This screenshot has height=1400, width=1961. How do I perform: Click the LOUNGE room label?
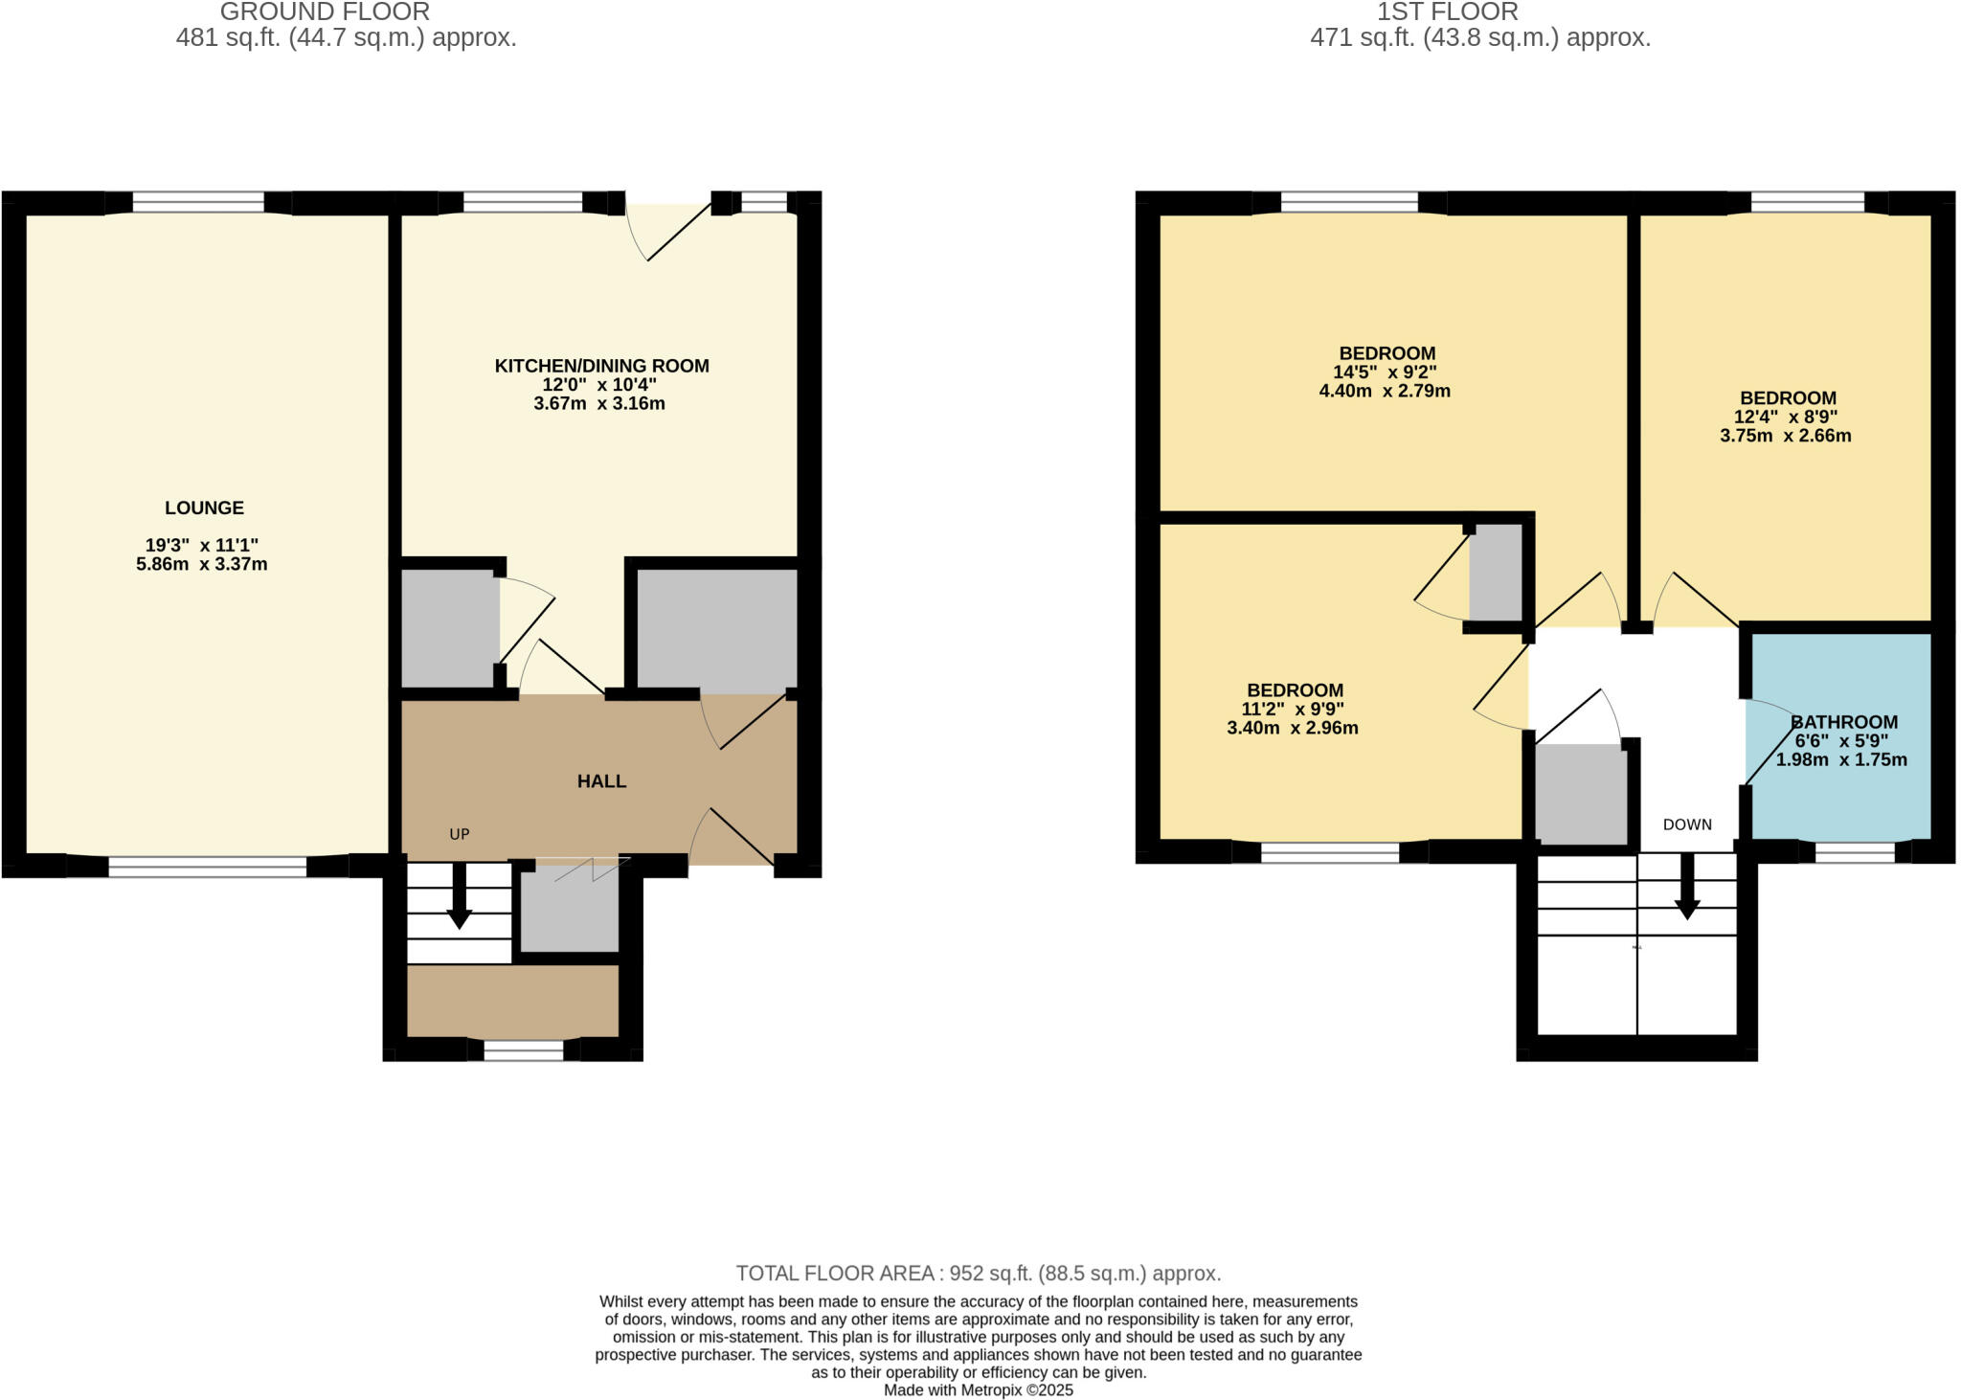pyautogui.click(x=204, y=508)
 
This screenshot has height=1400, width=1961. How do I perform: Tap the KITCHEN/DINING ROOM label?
pyautogui.click(x=601, y=366)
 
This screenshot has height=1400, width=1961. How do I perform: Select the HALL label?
pyautogui.click(x=601, y=781)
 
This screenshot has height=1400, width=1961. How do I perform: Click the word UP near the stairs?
pyautogui.click(x=460, y=834)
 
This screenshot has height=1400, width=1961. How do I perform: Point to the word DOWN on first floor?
pyautogui.click(x=1687, y=824)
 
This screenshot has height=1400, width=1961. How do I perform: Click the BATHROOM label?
pyautogui.click(x=1843, y=722)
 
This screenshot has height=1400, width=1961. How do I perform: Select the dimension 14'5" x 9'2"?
pyautogui.click(x=1385, y=373)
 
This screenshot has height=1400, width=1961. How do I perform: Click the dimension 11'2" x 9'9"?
pyautogui.click(x=1293, y=710)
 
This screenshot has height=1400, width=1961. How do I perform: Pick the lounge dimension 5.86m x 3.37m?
pyautogui.click(x=202, y=564)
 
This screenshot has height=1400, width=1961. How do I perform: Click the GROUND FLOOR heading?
pyautogui.click(x=325, y=12)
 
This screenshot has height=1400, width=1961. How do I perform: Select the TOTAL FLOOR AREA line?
pyautogui.click(x=978, y=1274)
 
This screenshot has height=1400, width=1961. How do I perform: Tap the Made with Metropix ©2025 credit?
pyautogui.click(x=978, y=1389)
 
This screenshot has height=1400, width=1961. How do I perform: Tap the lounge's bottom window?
pyautogui.click(x=208, y=867)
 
